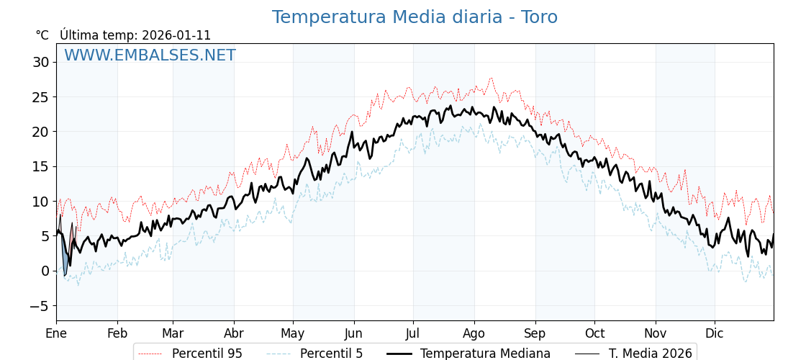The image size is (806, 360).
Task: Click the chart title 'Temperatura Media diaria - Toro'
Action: tap(415, 17)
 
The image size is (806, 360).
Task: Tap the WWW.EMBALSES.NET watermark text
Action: tap(150, 55)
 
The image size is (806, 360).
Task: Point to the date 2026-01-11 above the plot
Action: tap(176, 35)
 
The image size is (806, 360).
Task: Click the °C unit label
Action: tap(42, 35)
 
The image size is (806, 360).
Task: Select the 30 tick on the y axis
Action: tap(40, 62)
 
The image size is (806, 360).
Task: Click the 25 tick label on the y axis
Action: tap(40, 96)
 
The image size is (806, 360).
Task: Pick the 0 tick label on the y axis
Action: tap(45, 271)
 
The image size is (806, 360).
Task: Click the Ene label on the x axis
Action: tap(56, 333)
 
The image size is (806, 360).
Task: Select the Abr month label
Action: tap(234, 333)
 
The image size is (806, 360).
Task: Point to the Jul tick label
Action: tap(413, 333)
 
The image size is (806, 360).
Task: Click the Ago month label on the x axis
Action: tap(474, 333)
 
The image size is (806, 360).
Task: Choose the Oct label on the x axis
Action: tap(594, 333)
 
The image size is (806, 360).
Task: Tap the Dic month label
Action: tap(715, 333)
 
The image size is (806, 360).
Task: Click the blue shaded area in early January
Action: tap(65, 261)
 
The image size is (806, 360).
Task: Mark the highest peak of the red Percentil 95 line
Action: tap(492, 78)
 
